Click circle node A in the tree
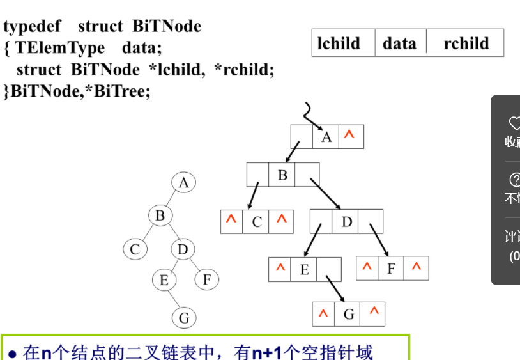tap(183, 183)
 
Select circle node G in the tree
tap(183, 318)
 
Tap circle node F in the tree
tap(206, 279)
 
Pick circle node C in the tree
tap(134, 249)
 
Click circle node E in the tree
tap(164, 279)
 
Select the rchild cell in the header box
tap(466, 43)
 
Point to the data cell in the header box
tap(400, 43)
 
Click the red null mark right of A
tap(349, 136)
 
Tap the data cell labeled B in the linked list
tap(282, 175)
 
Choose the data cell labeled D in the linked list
tap(347, 222)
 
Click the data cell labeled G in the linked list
tap(348, 314)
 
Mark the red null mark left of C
tap(231, 221)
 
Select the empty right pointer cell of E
tap(328, 269)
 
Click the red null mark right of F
tap(417, 268)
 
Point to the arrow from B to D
tap(325, 193)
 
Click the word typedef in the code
tap(31, 26)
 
